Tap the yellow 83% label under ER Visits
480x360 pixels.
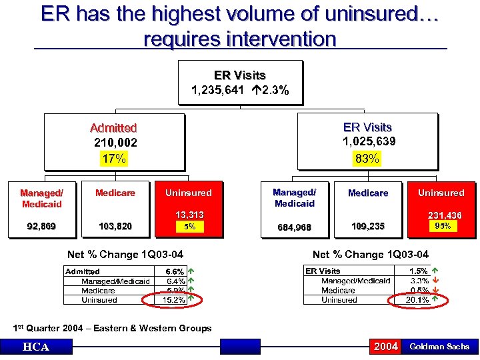pos(367,159)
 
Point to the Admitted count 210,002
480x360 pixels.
pos(115,142)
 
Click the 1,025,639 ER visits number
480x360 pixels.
pos(369,141)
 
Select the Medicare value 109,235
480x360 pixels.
pos(367,227)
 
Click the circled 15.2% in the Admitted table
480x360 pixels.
pos(174,300)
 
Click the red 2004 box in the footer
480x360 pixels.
pos(386,346)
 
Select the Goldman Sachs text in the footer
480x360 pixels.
pos(439,347)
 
